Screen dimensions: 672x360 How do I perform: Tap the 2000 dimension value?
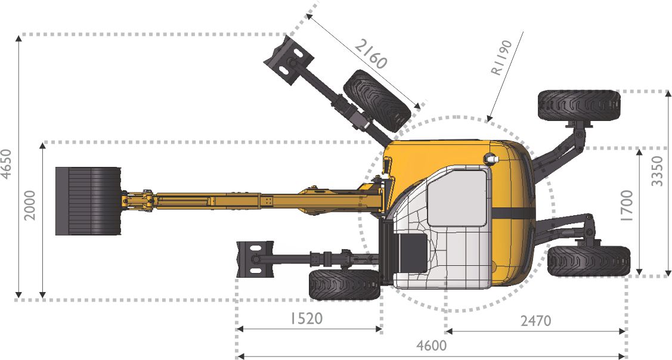coord(30,205)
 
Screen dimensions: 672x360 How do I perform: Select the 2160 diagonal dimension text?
coord(371,54)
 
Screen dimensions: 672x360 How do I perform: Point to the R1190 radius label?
coord(501,58)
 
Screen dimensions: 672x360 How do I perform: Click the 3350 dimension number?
coord(657,171)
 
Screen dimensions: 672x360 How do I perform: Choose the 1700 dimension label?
coord(626,206)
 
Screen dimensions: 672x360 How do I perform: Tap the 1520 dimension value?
coord(306,318)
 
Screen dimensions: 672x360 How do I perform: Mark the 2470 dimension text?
coord(535,321)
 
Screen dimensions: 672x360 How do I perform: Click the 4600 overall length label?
coord(432,345)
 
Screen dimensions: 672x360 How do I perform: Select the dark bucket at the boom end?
coord(88,201)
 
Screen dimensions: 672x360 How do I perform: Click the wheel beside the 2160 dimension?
coord(377,100)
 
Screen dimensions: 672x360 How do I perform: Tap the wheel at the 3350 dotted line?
coord(579,105)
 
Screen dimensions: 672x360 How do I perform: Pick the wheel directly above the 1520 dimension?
coord(345,284)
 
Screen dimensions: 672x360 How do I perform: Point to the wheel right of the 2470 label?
coord(589,261)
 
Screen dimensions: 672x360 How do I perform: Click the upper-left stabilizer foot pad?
coord(289,60)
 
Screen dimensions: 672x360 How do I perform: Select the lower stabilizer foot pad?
coord(255,259)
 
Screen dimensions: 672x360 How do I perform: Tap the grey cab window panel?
coord(457,197)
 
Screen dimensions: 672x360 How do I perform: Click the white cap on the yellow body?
coord(491,159)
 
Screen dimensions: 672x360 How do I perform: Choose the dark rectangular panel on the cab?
coord(413,253)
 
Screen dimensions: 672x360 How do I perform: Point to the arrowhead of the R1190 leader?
coord(488,120)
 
